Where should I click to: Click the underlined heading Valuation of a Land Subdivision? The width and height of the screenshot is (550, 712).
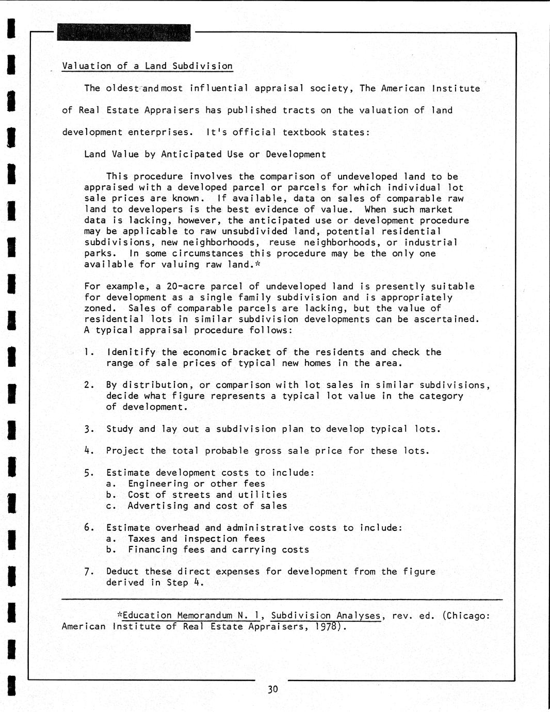(147, 66)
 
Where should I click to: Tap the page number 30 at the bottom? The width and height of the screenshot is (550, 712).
(273, 689)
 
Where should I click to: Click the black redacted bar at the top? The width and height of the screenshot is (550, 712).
(124, 33)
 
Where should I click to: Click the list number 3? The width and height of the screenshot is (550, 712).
(88, 429)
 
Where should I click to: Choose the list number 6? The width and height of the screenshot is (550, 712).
(88, 527)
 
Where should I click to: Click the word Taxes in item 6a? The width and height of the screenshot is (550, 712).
(141, 539)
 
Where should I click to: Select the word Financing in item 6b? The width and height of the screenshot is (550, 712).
(152, 549)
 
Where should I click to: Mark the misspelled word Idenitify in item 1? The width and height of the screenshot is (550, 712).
(131, 352)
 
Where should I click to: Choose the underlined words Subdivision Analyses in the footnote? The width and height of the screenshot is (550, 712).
(326, 616)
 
